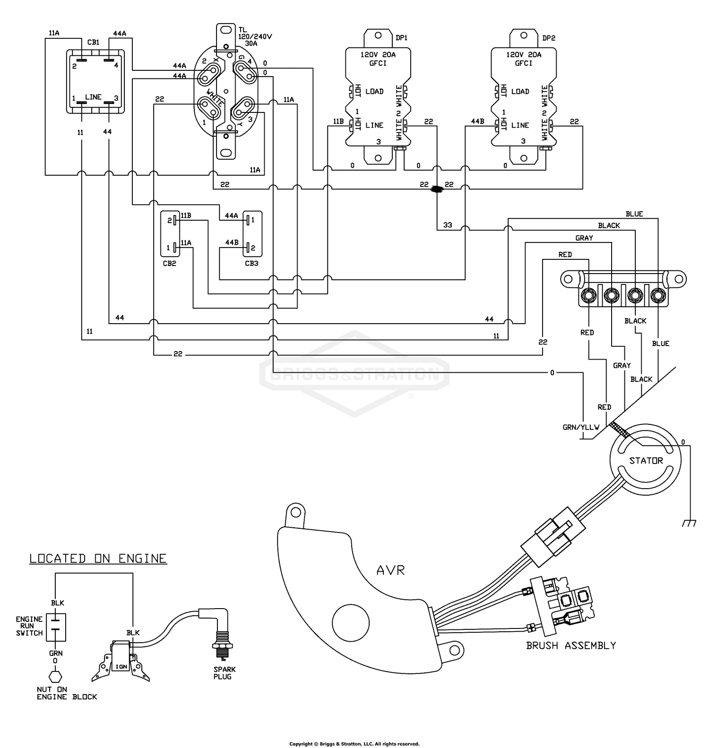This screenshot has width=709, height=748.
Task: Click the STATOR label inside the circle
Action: click(x=646, y=461)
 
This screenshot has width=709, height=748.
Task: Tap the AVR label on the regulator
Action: click(x=390, y=570)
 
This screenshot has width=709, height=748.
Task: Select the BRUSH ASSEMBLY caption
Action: click(x=571, y=645)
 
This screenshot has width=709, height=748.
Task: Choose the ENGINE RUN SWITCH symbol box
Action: click(x=56, y=627)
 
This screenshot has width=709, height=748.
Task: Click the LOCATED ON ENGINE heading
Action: click(x=98, y=559)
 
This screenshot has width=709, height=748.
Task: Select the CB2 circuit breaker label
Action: click(x=169, y=263)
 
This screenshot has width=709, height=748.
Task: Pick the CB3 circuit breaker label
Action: click(x=251, y=263)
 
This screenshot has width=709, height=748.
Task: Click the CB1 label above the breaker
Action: click(x=94, y=43)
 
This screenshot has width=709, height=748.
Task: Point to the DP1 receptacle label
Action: click(x=402, y=38)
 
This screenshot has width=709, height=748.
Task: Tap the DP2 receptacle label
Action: click(x=548, y=38)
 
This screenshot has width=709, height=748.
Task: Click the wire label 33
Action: click(x=448, y=225)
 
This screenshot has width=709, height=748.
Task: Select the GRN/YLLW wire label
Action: click(x=580, y=427)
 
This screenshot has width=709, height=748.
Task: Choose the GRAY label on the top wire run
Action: click(x=584, y=238)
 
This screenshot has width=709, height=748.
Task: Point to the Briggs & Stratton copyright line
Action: click(x=354, y=744)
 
